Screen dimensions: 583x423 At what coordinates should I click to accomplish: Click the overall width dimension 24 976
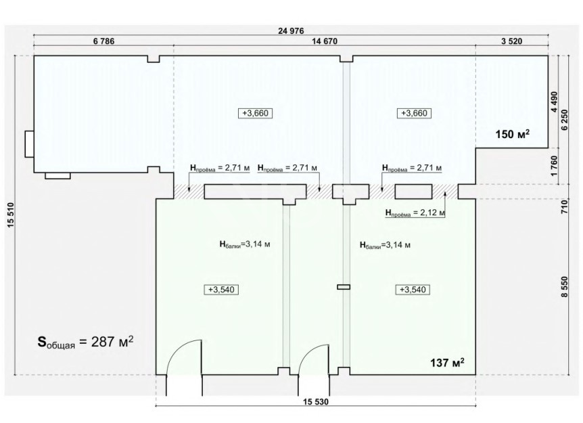click(291, 31)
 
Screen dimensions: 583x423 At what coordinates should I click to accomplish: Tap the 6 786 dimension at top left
click(103, 41)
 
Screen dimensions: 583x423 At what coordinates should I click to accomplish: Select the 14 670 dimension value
click(325, 41)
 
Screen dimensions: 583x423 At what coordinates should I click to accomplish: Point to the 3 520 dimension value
click(511, 41)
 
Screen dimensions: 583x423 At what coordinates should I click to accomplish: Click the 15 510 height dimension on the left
click(10, 215)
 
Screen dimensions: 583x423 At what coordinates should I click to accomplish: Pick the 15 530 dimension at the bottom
click(316, 402)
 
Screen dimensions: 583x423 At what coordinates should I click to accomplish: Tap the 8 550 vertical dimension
click(565, 286)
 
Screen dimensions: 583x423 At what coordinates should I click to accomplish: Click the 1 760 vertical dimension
click(554, 166)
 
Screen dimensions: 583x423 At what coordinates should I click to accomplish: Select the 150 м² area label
click(513, 134)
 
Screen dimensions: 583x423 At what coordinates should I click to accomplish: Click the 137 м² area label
click(447, 362)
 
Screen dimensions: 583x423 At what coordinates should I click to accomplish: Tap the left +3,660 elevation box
click(256, 113)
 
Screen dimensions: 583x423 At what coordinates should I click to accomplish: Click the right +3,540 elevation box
click(413, 290)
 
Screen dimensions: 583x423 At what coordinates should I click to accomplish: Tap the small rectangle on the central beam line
click(344, 287)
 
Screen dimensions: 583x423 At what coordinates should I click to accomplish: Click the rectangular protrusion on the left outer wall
click(29, 144)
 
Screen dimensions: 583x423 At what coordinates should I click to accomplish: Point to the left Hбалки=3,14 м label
click(245, 244)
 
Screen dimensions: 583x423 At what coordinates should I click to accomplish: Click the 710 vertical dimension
click(565, 206)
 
